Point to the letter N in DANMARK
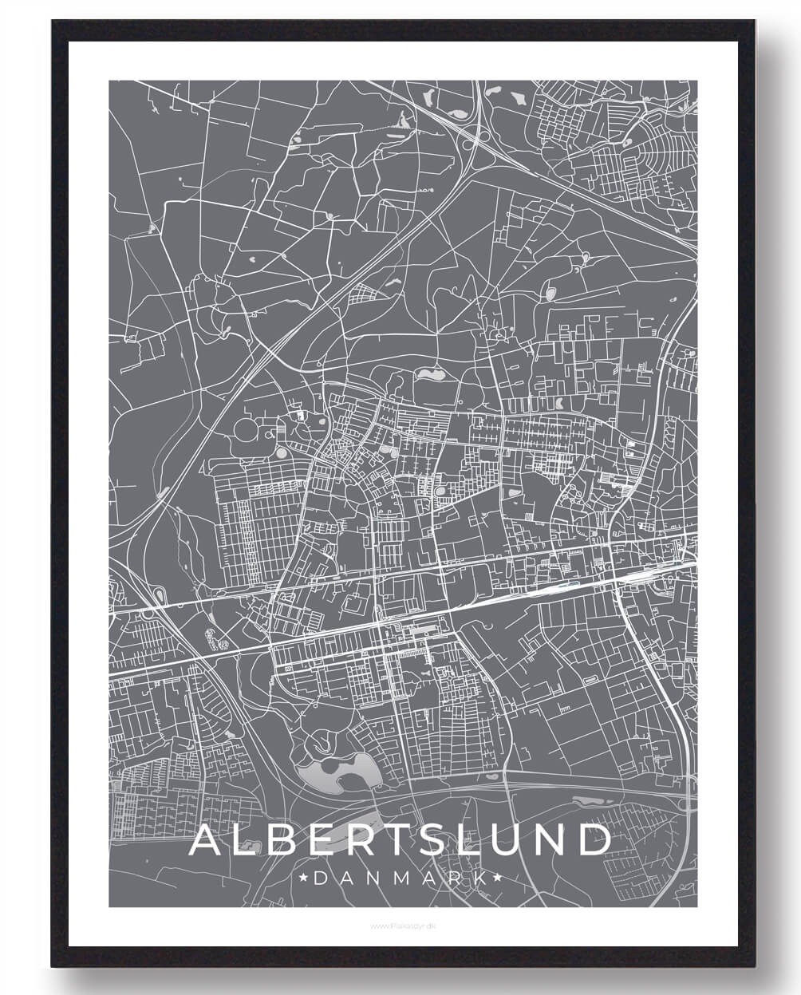pyautogui.click(x=373, y=879)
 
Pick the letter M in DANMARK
pyautogui.click(x=401, y=879)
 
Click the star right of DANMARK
pyautogui.click(x=498, y=879)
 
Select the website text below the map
pyautogui.click(x=401, y=926)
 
